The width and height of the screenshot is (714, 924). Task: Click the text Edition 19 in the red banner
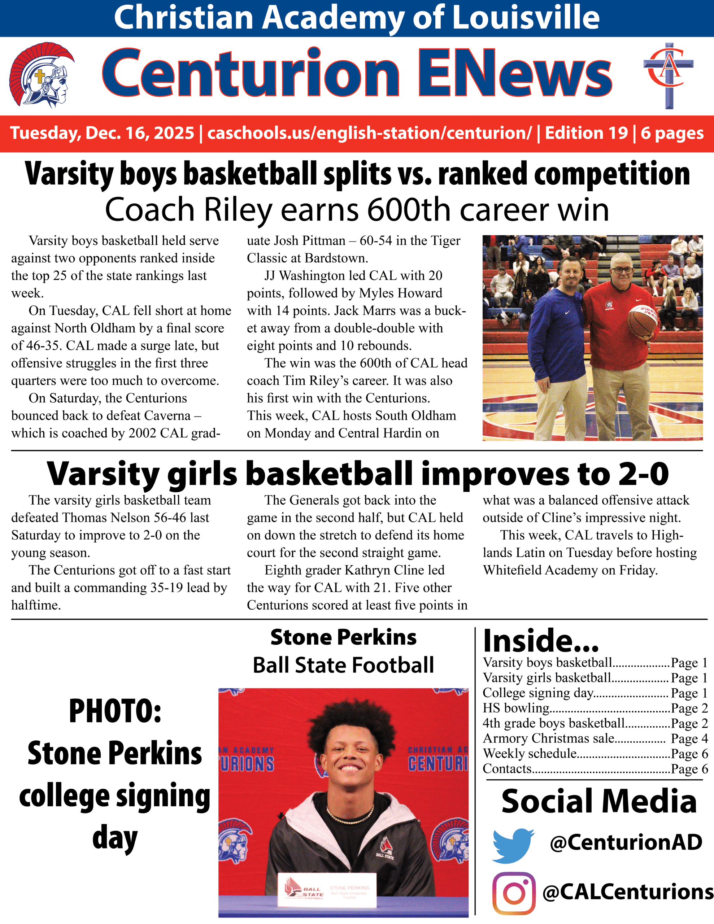tap(586, 133)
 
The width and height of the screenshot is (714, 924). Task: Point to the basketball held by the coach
tap(643, 321)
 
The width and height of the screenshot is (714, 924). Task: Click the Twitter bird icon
tap(513, 845)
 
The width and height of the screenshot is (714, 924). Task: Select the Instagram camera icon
tap(514, 893)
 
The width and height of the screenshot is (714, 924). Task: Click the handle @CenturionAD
tap(626, 842)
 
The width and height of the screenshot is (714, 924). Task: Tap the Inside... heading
tap(540, 641)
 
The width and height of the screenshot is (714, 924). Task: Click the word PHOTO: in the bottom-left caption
tap(115, 711)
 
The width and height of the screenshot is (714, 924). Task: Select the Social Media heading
tap(598, 802)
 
